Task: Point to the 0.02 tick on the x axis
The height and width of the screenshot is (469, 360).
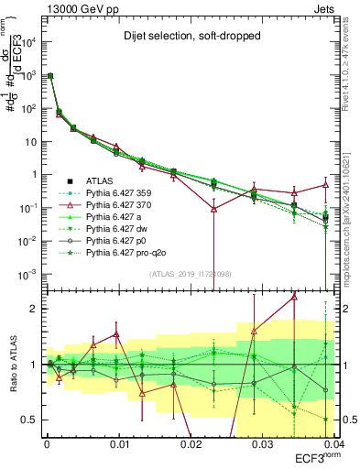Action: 191,442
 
